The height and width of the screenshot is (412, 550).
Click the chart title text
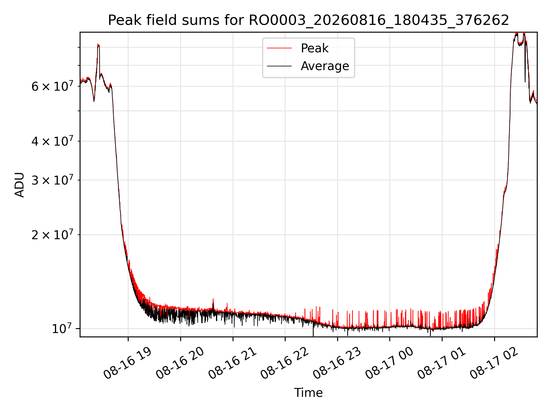click(x=309, y=20)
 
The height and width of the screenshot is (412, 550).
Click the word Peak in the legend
click(x=315, y=48)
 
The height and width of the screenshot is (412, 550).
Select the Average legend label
click(x=325, y=66)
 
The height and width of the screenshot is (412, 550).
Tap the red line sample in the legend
click(x=279, y=48)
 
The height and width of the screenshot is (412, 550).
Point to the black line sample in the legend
click(x=279, y=66)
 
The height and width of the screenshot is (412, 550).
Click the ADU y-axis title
click(x=19, y=185)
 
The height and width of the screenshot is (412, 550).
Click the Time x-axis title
click(x=308, y=393)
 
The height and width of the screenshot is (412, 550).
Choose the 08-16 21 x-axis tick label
click(x=232, y=363)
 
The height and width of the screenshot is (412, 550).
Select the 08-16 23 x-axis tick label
click(x=337, y=363)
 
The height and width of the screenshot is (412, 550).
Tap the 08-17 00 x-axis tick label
click(x=389, y=363)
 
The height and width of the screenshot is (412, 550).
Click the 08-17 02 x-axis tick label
click(x=494, y=363)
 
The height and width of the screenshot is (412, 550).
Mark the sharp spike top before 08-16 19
click(x=98, y=44)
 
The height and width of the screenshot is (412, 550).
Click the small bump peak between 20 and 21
click(x=213, y=298)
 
